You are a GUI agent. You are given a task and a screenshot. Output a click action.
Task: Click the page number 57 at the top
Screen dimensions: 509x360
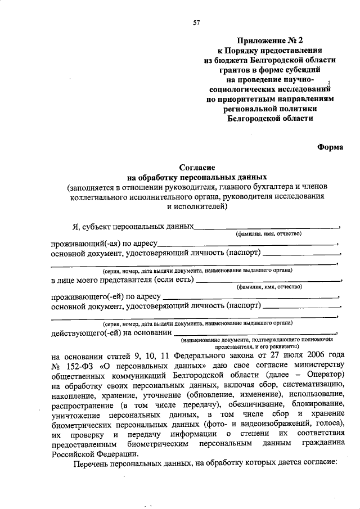(197, 22)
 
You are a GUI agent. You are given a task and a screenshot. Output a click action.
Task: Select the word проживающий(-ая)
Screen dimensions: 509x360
(81, 245)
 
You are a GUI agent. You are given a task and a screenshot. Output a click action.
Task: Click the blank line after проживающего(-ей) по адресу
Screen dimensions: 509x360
(251, 296)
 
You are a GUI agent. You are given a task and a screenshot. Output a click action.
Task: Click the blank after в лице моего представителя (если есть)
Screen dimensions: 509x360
(268, 279)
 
